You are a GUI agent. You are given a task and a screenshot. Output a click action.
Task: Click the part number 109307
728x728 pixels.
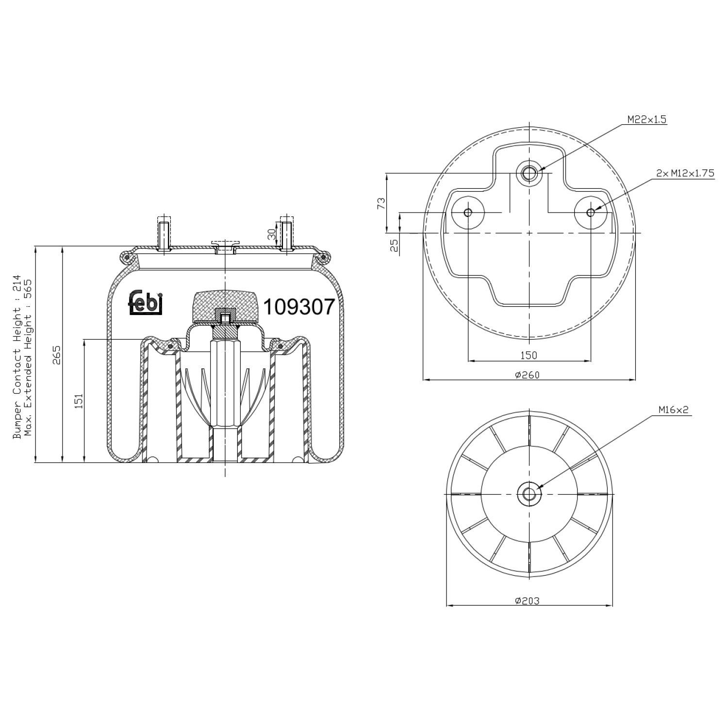[299, 307]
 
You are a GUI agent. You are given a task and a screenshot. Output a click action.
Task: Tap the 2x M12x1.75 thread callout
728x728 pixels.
[685, 173]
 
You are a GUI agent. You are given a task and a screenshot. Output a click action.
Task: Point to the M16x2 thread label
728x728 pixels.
[673, 410]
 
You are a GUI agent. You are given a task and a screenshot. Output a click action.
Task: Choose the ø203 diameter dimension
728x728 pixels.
[527, 601]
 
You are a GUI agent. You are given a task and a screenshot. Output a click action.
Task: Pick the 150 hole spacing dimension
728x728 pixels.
[529, 355]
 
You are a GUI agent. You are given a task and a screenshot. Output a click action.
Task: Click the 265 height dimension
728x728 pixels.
[57, 355]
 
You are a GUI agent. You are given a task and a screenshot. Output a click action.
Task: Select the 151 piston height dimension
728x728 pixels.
[79, 401]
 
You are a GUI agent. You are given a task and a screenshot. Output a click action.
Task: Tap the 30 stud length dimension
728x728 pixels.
[272, 235]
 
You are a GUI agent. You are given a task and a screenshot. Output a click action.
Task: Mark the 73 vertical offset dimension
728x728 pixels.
[381, 203]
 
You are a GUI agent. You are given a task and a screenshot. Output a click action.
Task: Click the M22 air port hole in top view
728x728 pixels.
[529, 172]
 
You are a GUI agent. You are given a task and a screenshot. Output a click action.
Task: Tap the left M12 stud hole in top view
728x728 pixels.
[468, 212]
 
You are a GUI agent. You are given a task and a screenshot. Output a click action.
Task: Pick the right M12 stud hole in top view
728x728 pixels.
[590, 212]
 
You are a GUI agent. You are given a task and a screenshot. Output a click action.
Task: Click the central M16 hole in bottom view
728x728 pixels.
[529, 494]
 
